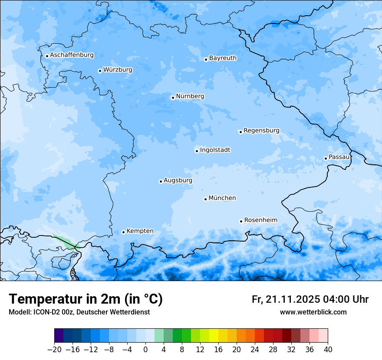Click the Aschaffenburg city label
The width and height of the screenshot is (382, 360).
point(72,55)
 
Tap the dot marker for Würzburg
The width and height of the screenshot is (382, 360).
point(100,71)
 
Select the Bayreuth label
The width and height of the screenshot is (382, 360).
point(223,58)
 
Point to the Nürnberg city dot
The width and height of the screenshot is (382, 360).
point(173,98)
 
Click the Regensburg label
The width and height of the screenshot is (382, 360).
point(261,130)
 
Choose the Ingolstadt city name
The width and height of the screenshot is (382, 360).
point(215,150)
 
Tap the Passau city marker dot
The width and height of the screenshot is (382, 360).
point(326,158)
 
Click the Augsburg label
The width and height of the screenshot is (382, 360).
point(178,180)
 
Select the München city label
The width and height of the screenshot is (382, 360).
point(222,198)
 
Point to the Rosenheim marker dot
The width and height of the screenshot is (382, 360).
point(241,221)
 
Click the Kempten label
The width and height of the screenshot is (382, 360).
point(140,231)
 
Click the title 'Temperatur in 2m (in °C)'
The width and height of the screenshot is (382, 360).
point(86,299)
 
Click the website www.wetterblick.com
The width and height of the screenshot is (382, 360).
point(313,312)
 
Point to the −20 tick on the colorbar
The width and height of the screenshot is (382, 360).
point(54,349)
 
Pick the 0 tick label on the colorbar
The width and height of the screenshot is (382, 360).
point(145,349)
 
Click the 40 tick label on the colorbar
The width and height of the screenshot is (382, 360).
point(328,349)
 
